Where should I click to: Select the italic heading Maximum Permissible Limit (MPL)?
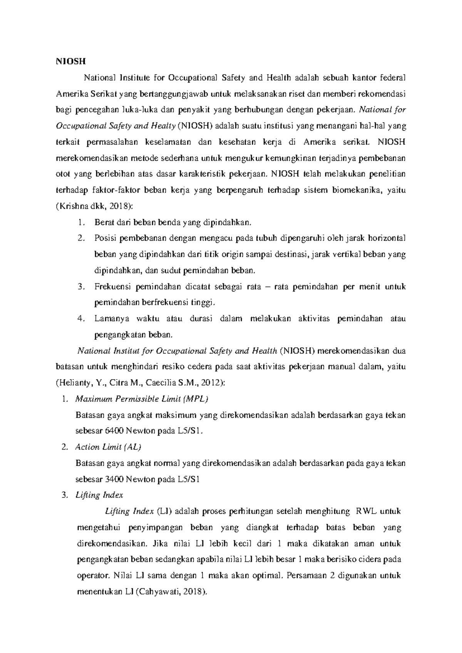point(142,398)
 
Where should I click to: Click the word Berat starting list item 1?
point(103,223)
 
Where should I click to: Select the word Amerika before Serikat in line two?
point(72,94)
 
